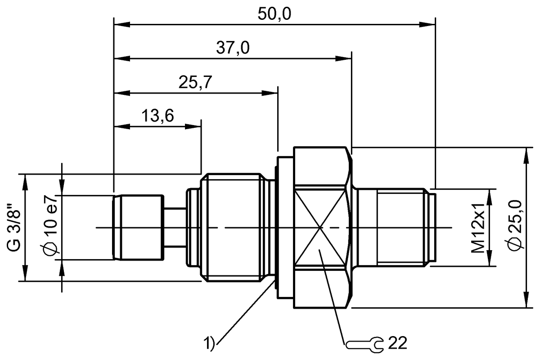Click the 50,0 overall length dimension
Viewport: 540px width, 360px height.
(274, 14)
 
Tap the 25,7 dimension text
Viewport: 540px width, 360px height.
(195, 83)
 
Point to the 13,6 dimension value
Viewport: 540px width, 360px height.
(157, 116)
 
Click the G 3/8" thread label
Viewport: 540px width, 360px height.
(14, 228)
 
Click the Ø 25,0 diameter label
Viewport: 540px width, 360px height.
(517, 228)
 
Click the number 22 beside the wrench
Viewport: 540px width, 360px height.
(396, 343)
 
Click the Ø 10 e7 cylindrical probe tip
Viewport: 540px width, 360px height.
(139, 228)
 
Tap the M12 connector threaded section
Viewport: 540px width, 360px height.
(400, 228)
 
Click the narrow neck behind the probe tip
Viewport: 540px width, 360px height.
(175, 228)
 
